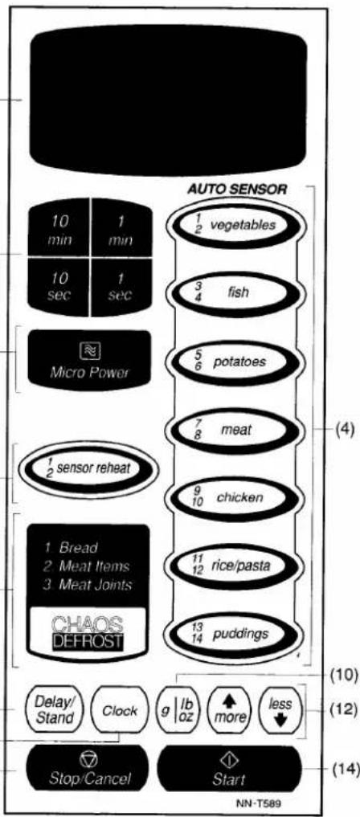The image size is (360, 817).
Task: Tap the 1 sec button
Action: pos(121,287)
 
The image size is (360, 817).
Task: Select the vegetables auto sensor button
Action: pos(233,225)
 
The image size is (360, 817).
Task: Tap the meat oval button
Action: pos(233,430)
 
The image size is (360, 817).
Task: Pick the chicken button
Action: pos(233,497)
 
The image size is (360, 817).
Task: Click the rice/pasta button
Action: pos(233,566)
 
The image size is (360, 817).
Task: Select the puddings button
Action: pos(233,635)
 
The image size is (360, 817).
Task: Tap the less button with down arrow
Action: pos(281,711)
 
